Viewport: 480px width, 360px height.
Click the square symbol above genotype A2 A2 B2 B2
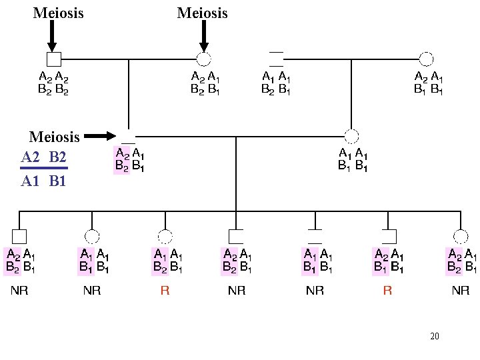54,59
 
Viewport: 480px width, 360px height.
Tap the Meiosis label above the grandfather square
59,13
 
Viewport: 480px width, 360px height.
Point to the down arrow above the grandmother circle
204,37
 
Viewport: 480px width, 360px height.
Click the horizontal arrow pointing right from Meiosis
101,136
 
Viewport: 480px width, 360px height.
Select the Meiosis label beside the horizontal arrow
54,137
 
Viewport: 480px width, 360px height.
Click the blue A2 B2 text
44,157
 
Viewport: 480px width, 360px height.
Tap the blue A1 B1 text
44,181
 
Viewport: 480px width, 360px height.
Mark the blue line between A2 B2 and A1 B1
44,169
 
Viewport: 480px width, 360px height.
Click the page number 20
435,336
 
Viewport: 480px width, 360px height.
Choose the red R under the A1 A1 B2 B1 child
165,291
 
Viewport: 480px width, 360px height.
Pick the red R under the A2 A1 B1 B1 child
387,291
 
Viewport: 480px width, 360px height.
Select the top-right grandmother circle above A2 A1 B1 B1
426,59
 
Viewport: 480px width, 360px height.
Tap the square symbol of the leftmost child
19,236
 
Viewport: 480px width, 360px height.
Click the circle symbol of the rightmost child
460,236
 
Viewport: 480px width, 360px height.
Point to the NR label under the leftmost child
19,291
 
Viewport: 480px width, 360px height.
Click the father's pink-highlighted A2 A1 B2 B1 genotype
130,161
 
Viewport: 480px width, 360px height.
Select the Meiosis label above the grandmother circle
203,13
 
